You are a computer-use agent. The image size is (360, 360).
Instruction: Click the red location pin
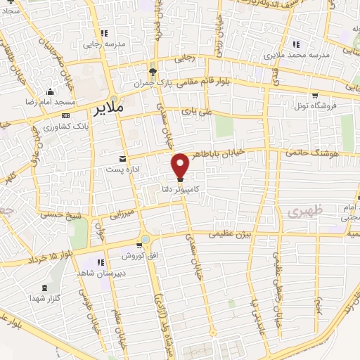click(x=181, y=165)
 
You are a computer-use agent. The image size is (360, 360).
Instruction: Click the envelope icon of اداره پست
click(x=123, y=158)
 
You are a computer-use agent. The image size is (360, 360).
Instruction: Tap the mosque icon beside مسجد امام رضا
click(x=50, y=92)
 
